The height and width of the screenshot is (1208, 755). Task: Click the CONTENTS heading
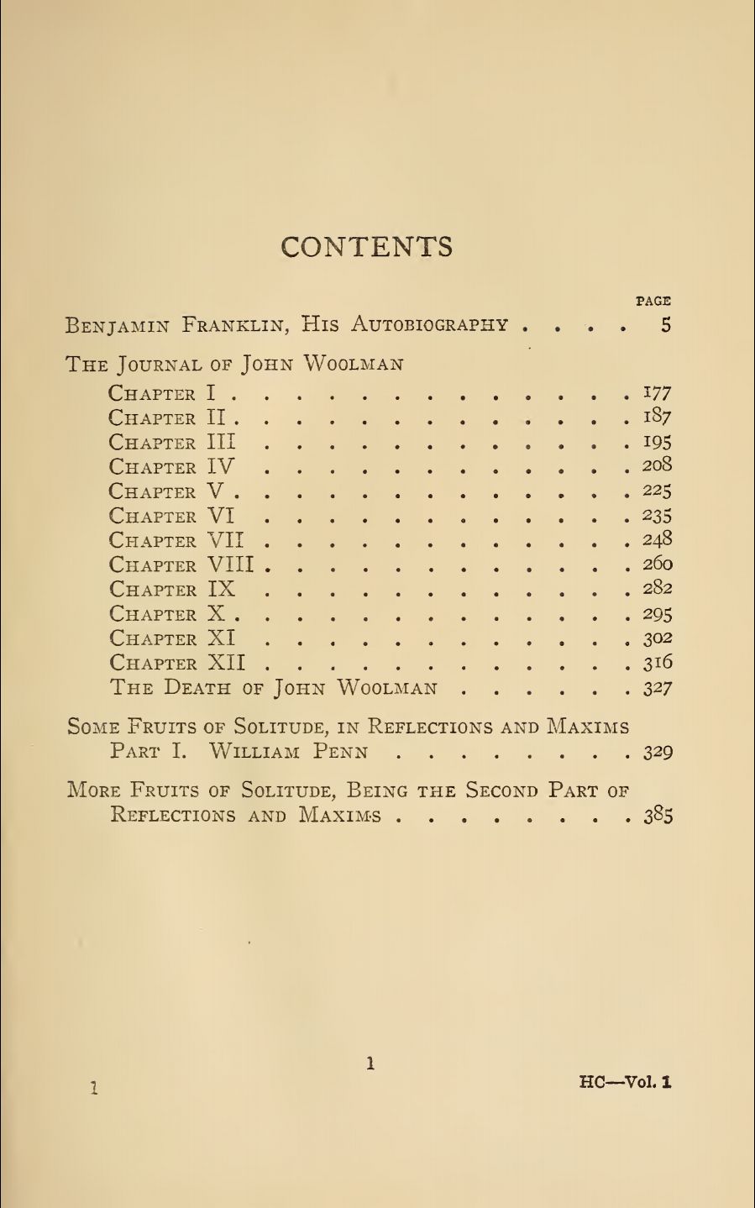[367, 246]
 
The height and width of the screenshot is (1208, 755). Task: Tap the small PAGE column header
[653, 300]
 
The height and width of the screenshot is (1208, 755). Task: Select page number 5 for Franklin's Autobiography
[665, 325]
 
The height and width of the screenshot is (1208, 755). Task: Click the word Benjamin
[118, 325]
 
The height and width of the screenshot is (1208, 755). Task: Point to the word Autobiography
[429, 325]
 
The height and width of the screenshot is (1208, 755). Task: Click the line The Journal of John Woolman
[234, 365]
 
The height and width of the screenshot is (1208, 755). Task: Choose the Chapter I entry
[164, 393]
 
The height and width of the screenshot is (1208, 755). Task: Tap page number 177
[657, 392]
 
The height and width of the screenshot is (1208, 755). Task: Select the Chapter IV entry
[171, 467]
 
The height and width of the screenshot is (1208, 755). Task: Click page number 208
[658, 465]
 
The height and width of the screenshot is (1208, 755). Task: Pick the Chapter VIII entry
[181, 565]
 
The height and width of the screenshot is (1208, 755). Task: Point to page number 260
[658, 564]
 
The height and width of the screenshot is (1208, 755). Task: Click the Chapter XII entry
[177, 664]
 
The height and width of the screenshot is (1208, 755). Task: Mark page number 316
[658, 663]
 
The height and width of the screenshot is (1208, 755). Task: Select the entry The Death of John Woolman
[274, 688]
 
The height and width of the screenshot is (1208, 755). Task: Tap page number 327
[658, 688]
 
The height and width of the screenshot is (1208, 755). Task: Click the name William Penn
[288, 751]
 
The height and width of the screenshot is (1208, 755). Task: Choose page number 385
[658, 816]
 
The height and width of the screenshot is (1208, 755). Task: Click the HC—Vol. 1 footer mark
[625, 1082]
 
